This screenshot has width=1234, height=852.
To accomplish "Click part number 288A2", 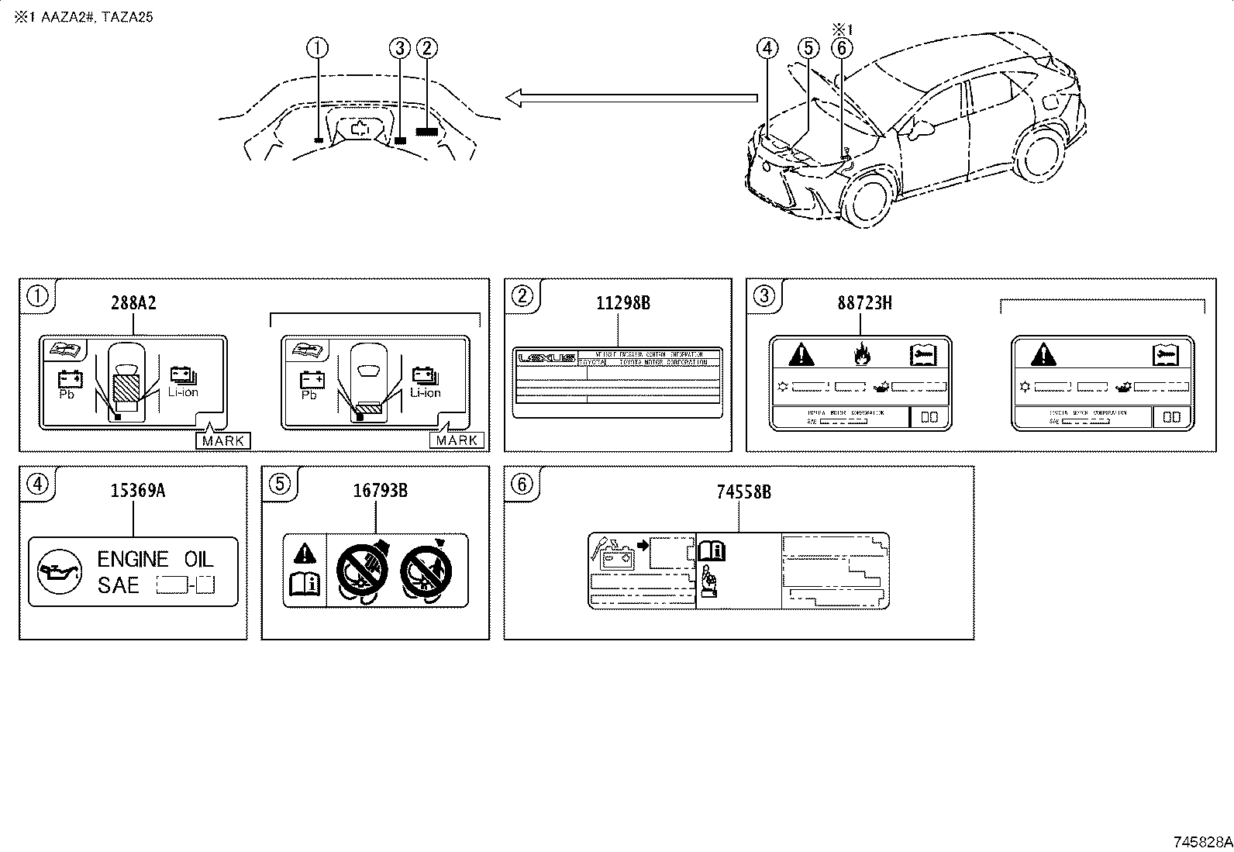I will pyautogui.click(x=133, y=303).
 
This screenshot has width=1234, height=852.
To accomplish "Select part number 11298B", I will pyautogui.click(x=623, y=303).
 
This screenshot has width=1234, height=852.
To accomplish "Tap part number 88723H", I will pyautogui.click(x=864, y=303).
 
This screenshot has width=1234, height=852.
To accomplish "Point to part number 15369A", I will pyautogui.click(x=137, y=490).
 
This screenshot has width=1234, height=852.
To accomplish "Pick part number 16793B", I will pyautogui.click(x=381, y=490).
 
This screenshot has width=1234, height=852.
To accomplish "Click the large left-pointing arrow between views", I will pyautogui.click(x=631, y=98).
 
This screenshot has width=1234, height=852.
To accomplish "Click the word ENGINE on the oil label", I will pyautogui.click(x=133, y=559).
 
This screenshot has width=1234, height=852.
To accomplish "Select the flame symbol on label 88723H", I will pyautogui.click(x=860, y=355).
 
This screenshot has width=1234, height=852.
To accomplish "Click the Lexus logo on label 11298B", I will pyautogui.click(x=546, y=358).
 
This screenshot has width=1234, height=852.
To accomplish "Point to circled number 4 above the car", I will pyautogui.click(x=767, y=48).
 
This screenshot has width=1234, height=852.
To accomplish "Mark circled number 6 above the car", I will pyautogui.click(x=842, y=48).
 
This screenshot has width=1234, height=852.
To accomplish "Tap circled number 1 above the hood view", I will pyautogui.click(x=318, y=48).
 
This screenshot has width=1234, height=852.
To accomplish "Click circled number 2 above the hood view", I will pyautogui.click(x=427, y=48).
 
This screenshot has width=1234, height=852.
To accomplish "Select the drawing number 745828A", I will pyautogui.click(x=1201, y=842).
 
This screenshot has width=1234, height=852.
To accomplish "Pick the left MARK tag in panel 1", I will pyautogui.click(x=223, y=440).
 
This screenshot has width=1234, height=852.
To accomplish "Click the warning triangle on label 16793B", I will pyautogui.click(x=305, y=553).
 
